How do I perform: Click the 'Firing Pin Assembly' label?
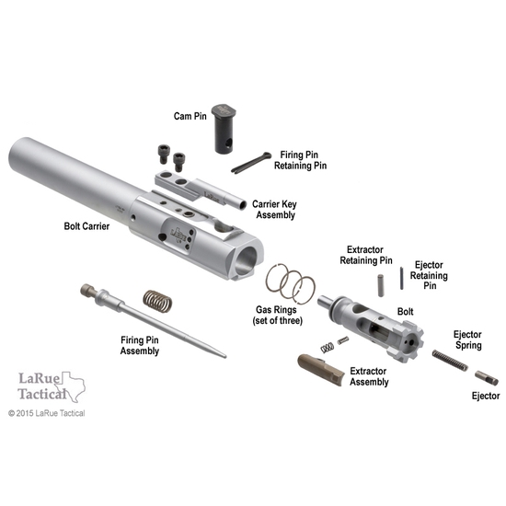146,345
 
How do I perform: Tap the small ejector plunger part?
487,377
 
